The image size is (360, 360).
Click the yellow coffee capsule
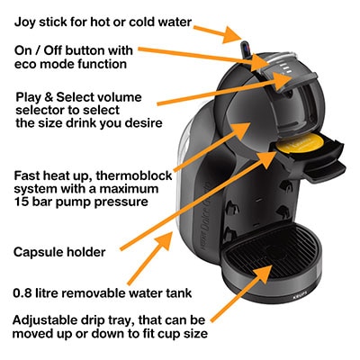click(x=298, y=142)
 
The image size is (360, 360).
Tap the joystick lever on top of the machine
click(x=247, y=49)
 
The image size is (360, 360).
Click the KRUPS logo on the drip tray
click(x=297, y=298)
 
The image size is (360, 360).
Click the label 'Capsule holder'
click(x=59, y=252)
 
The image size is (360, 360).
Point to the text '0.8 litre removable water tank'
click(x=103, y=292)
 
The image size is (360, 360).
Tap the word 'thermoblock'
click(x=134, y=175)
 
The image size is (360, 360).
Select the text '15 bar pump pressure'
click(x=81, y=202)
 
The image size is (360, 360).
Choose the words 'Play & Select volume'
click(x=78, y=97)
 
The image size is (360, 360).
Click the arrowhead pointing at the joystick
click(x=232, y=35)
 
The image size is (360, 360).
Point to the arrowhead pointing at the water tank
click(x=163, y=240)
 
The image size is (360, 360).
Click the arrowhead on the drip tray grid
click(x=262, y=273)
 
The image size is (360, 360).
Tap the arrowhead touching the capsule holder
click(x=267, y=159)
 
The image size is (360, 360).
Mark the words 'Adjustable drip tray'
click(x=72, y=320)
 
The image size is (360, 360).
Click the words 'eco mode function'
click(x=70, y=64)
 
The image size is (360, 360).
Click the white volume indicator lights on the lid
click(x=285, y=68)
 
